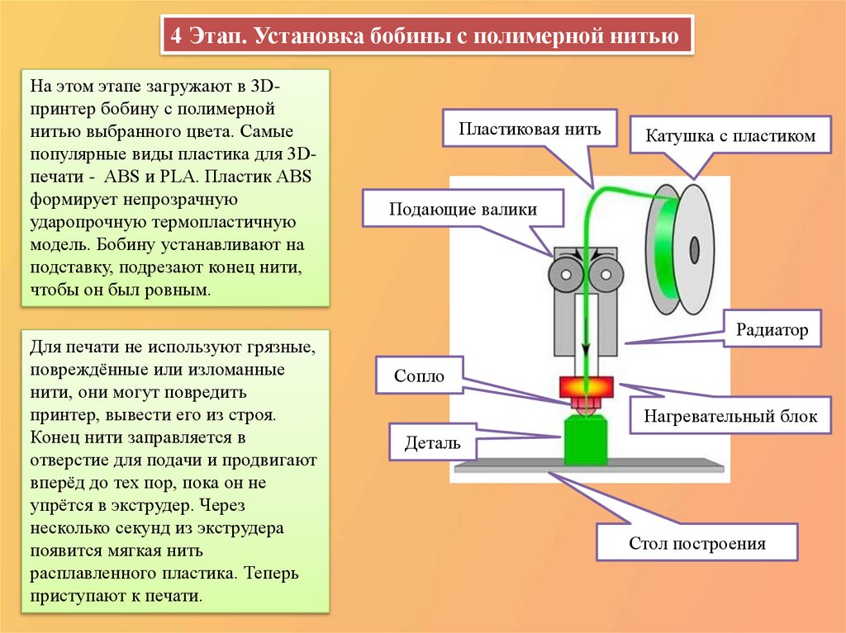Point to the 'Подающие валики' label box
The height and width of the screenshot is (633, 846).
coord(463,209)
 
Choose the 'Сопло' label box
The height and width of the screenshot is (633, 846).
coord(420,376)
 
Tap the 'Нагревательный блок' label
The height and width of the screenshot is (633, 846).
coord(730,416)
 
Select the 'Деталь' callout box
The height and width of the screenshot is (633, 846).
coord(432,442)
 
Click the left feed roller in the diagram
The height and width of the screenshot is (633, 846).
coord(564,272)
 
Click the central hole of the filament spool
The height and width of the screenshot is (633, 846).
coord(694,248)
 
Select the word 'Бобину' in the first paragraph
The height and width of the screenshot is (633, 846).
coord(122,244)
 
